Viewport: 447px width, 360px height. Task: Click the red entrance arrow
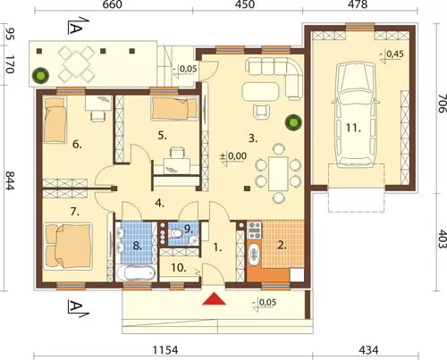[214, 299]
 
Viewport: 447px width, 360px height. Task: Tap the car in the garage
[355, 114]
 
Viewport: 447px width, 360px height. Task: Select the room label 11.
[353, 129]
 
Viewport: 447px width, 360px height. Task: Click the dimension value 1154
[165, 350]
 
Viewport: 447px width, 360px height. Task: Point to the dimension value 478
[358, 4]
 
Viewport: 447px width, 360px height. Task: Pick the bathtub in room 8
[136, 273]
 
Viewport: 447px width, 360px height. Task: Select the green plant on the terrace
[40, 76]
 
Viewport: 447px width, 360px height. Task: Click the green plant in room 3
[293, 122]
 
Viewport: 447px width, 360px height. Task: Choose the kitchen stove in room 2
[254, 230]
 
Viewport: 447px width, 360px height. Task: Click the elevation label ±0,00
[233, 156]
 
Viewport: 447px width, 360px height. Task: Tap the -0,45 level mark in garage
[392, 54]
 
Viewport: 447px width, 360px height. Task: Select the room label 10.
[179, 268]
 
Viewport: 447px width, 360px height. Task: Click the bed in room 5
[174, 109]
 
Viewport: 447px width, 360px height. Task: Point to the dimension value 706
[443, 104]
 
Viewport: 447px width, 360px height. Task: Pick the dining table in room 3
[278, 174]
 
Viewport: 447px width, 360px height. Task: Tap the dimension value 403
[443, 239]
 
